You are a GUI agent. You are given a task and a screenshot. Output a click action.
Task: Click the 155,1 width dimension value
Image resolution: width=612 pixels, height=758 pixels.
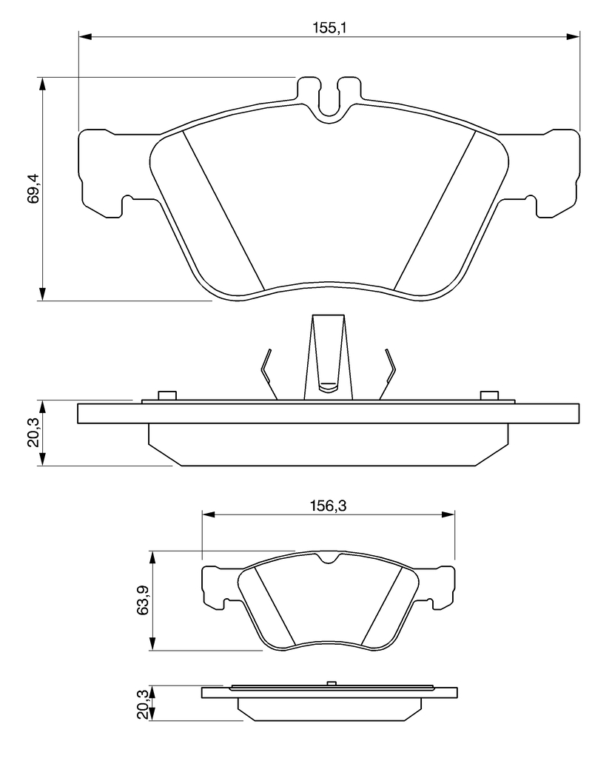pos(330,27)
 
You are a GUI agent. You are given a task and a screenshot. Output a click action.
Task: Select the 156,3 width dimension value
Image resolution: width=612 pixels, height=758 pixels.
pos(329,506)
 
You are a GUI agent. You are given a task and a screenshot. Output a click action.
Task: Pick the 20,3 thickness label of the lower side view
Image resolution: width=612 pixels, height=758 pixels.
pos(143,704)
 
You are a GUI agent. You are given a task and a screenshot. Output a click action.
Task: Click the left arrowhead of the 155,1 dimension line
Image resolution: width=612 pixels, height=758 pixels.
pos(85,36)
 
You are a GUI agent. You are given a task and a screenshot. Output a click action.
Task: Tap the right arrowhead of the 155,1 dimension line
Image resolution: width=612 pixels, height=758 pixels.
pos(573,36)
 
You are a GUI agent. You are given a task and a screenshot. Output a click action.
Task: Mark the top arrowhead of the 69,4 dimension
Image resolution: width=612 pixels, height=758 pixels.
pos(43,84)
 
